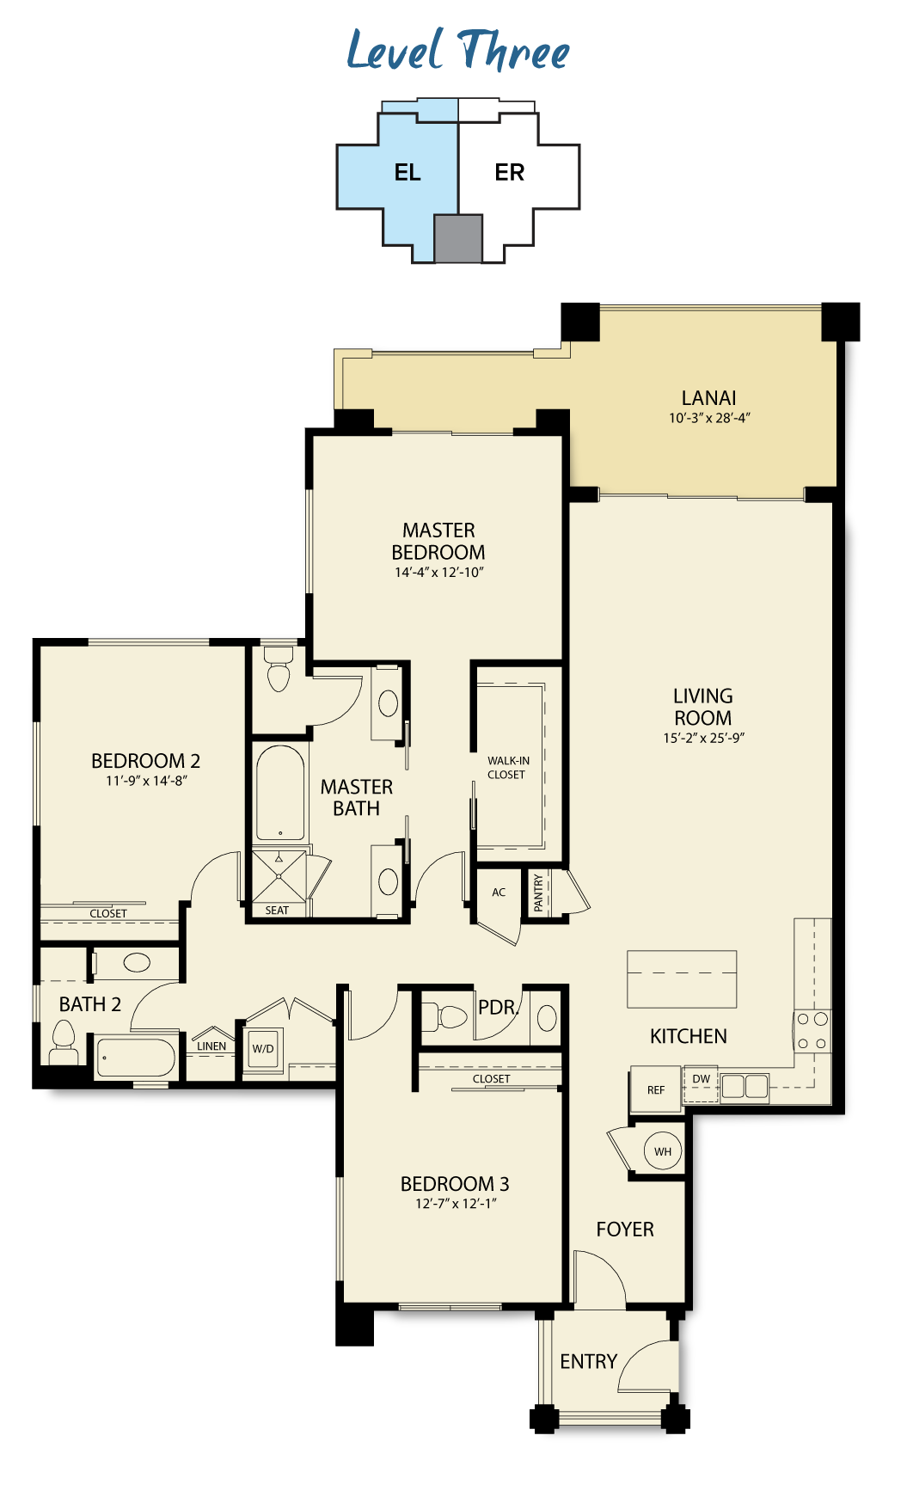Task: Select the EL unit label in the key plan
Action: (408, 173)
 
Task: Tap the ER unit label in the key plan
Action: (509, 173)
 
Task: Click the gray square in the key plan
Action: (458, 238)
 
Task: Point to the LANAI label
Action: (708, 398)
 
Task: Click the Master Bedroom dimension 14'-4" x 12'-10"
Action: (439, 573)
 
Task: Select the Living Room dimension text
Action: (703, 738)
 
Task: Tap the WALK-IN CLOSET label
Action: (508, 768)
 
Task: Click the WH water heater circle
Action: (663, 1151)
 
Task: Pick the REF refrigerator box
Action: (656, 1089)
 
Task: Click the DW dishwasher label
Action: (702, 1079)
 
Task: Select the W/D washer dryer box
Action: (263, 1049)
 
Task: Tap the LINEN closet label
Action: (211, 1046)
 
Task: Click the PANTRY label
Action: (538, 893)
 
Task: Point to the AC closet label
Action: (499, 893)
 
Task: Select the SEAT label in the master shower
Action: (277, 911)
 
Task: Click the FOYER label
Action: (625, 1230)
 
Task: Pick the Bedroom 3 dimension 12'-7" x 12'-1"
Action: (456, 1204)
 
